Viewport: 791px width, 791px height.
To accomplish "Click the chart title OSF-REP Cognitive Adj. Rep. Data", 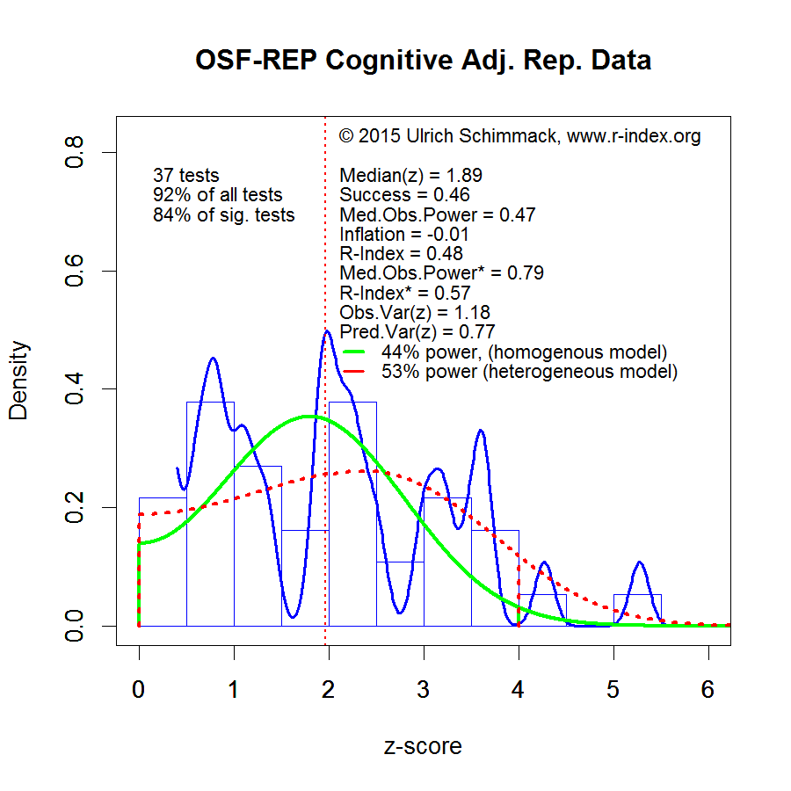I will coord(423,61).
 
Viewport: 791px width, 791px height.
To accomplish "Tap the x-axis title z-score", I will coord(423,746).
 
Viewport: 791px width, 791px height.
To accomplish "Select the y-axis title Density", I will coord(18,380).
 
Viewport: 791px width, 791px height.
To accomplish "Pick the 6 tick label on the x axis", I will coord(708,690).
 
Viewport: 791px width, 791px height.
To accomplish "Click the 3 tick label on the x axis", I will coord(424,690).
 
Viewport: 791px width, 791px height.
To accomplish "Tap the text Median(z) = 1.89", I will coord(410,176).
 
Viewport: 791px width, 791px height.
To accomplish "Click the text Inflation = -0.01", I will coord(404,235).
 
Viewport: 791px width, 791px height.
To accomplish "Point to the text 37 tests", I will coord(185,176).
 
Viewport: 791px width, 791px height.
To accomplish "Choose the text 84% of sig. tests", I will coord(223,215).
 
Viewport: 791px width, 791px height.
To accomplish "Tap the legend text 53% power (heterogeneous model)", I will coord(529,372).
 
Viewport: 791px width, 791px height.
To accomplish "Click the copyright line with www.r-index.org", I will coord(519,136).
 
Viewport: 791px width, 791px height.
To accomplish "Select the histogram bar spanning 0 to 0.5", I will coord(163,562).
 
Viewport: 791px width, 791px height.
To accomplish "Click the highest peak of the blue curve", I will coord(327,331).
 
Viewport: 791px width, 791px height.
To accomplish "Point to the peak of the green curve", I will coord(308,417).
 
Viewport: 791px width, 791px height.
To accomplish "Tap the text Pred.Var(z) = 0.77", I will coord(417,332).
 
